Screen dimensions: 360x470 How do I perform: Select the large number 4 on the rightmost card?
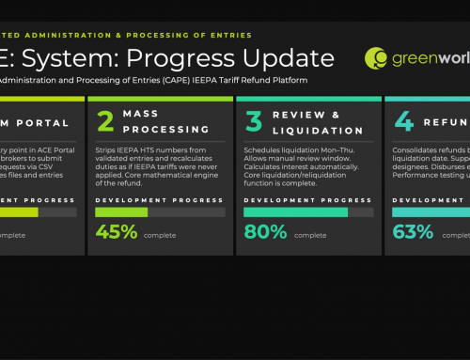tap(403, 123)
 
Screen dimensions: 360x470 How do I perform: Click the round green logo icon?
tap(376, 58)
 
